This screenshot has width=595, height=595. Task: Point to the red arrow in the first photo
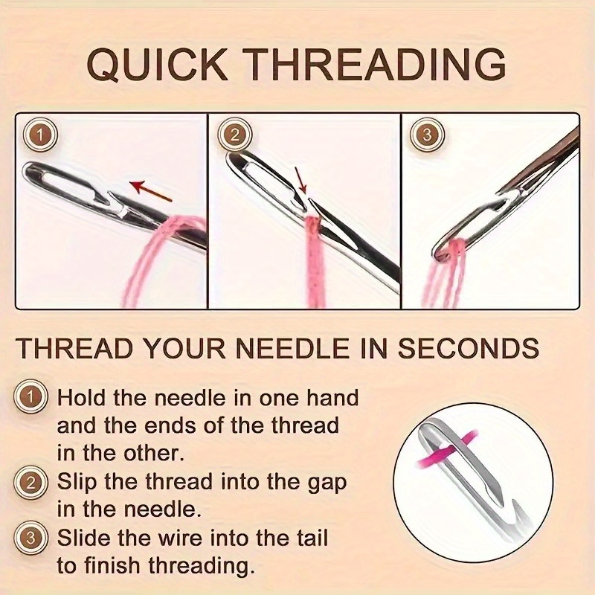click(x=151, y=190)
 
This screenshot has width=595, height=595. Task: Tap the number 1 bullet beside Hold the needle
click(x=30, y=397)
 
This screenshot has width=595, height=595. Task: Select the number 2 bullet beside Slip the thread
click(x=30, y=482)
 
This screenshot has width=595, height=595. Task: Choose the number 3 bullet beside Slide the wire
click(x=30, y=538)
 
